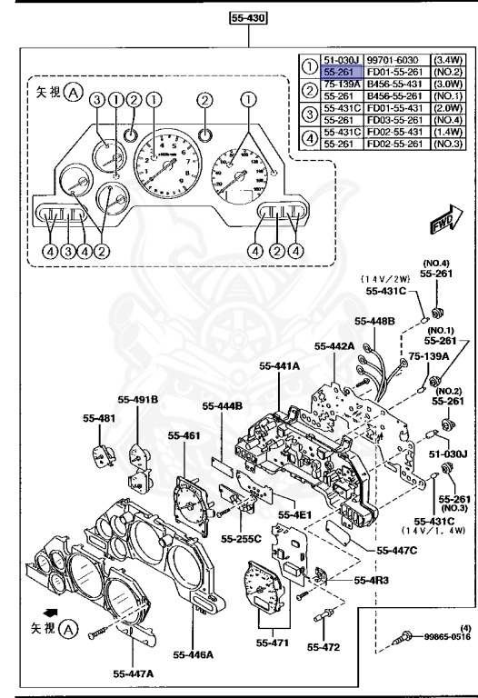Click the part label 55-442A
point(334,346)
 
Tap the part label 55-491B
point(137,398)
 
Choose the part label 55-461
point(184,435)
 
